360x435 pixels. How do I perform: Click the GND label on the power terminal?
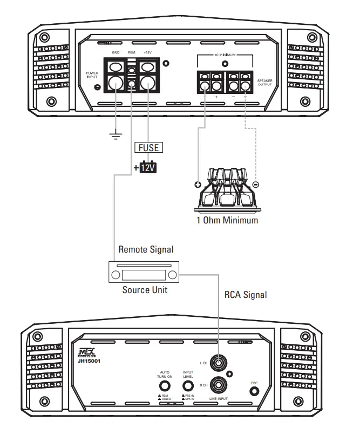[116, 52]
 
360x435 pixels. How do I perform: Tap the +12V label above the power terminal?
[148, 52]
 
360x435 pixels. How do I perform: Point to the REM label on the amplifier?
[132, 52]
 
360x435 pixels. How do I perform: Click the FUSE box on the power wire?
[148, 146]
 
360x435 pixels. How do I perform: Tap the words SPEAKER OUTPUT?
[266, 82]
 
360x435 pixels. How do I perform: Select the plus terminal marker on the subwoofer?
[198, 185]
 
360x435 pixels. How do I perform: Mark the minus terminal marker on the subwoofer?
[255, 185]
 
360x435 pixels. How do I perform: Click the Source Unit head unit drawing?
[144, 274]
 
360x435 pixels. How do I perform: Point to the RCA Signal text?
[245, 295]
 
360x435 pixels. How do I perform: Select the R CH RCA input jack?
[219, 385]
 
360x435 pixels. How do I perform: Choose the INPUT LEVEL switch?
[188, 386]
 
